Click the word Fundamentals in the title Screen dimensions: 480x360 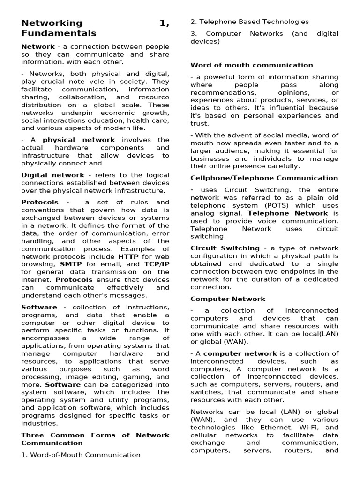point(59,33)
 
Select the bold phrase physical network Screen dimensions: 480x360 point(79,140)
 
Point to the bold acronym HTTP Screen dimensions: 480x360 point(128,256)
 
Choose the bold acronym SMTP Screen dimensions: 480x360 point(71,264)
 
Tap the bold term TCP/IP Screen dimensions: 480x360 point(157,264)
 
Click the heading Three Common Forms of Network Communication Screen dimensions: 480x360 point(96,439)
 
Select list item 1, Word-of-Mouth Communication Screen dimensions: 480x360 point(81,455)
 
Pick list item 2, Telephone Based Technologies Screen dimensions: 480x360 point(249,22)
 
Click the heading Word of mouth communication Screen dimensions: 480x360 point(252,65)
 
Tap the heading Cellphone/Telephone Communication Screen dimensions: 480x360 point(264,178)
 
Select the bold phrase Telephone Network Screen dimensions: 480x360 point(288,213)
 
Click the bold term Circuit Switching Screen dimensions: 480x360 point(225,248)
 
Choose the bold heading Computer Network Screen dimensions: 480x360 point(228,299)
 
